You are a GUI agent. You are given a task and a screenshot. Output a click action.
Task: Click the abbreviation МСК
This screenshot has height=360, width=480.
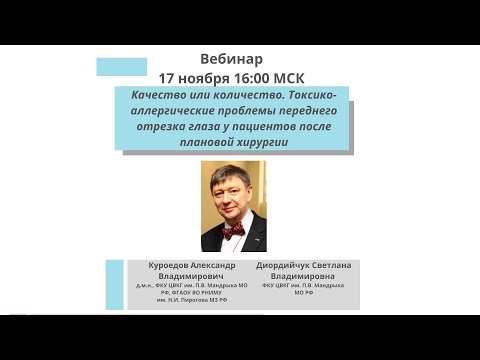click(300, 77)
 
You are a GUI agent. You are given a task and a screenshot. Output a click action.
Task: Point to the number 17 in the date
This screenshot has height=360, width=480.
click(166, 77)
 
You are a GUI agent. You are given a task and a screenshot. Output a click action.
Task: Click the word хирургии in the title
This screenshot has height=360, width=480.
click(279, 143)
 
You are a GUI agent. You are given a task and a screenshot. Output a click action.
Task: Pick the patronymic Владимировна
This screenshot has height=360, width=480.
click(317, 277)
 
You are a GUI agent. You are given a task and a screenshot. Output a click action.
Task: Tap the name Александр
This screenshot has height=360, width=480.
click(220, 267)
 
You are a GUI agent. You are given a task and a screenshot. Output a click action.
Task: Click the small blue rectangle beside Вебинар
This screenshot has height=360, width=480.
click(122, 67)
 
